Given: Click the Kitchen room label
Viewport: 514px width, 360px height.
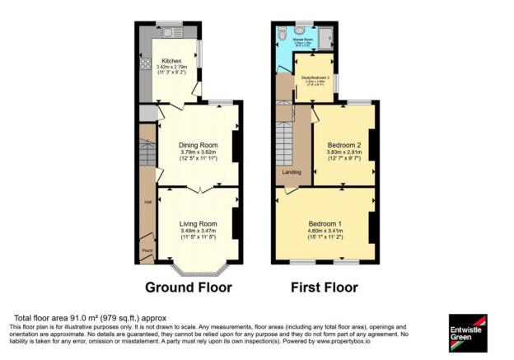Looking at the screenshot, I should [x=171, y=60].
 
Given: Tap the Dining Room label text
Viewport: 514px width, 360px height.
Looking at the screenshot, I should [x=198, y=145].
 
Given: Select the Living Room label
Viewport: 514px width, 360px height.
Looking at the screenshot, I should [x=198, y=223].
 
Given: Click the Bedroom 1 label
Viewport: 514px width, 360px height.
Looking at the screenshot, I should [x=325, y=223].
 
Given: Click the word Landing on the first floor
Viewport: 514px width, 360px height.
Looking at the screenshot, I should [x=292, y=172].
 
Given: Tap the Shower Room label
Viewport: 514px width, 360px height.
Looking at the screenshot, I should [x=302, y=38].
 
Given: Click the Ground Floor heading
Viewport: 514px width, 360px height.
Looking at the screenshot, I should [x=189, y=288].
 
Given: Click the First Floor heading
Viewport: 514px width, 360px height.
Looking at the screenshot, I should [x=324, y=288].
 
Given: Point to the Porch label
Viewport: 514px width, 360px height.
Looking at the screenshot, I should [x=147, y=251].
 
